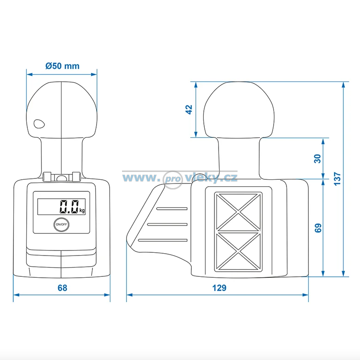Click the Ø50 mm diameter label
coord(62,66)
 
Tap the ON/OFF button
coord(61,224)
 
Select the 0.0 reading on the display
coord(69,207)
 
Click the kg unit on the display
coord(82,210)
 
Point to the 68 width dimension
coord(62,288)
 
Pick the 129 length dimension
coord(219,288)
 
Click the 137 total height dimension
coord(337,179)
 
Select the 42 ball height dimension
coord(189,110)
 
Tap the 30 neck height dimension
coord(317,159)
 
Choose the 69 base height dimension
coord(318,228)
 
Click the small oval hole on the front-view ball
coord(39,124)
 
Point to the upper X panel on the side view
coord(238,212)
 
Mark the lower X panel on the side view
coord(238,251)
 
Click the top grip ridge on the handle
coord(172,209)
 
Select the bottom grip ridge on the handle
coord(163,240)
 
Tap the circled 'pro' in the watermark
coord(173,180)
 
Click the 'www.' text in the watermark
coord(140,178)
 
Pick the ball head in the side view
coord(239,110)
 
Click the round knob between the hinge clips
coord(61,177)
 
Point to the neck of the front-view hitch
coord(61,156)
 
